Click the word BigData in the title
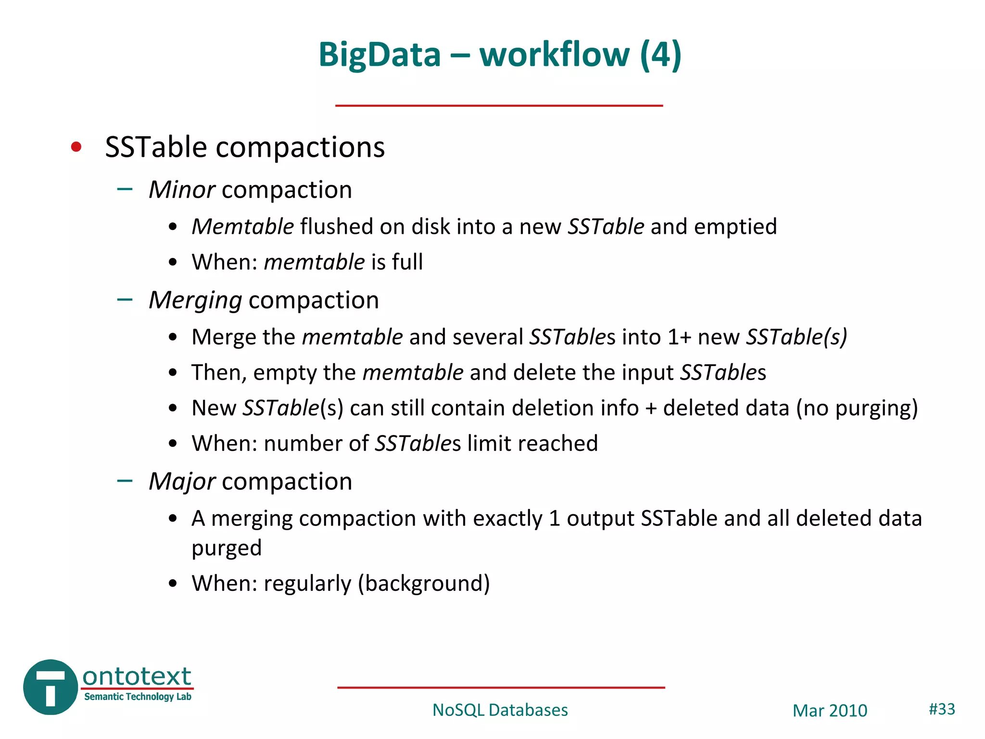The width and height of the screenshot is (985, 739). [x=379, y=54]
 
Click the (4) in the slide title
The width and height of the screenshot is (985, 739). [x=660, y=54]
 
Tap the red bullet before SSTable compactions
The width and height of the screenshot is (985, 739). [x=76, y=147]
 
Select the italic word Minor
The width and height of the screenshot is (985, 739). [x=181, y=190]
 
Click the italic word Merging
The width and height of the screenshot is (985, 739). [x=195, y=300]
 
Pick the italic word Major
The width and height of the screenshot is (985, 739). [x=182, y=481]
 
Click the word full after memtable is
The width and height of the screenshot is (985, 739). [x=407, y=262]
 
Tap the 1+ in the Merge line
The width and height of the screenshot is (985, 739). [x=679, y=337]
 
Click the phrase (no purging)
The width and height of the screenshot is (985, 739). [x=857, y=408]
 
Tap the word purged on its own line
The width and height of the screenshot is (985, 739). [x=227, y=548]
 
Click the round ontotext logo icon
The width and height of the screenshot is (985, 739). [x=51, y=687]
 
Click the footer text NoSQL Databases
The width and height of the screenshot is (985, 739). [x=500, y=710]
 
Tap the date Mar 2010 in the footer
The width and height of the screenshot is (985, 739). [x=830, y=711]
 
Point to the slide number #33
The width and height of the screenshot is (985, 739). [x=942, y=709]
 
